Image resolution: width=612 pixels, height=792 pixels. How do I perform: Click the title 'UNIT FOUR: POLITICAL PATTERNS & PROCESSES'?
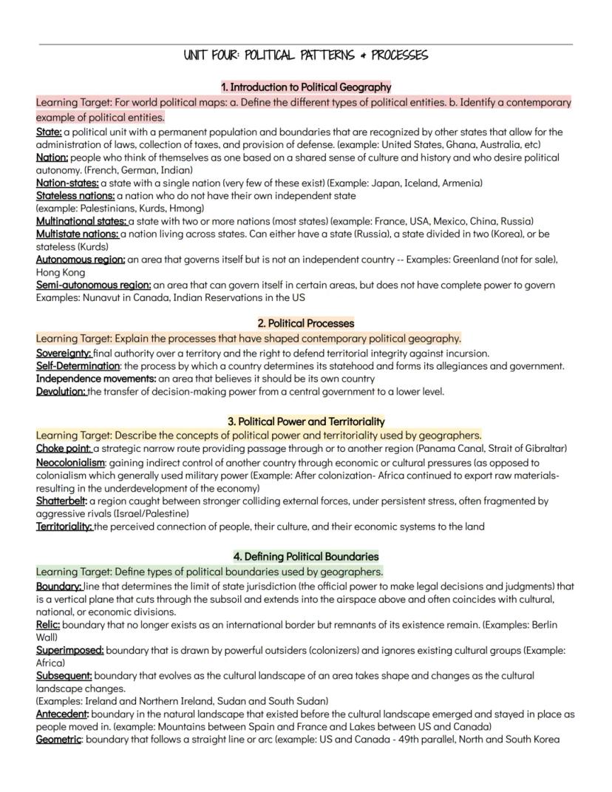[x=305, y=55]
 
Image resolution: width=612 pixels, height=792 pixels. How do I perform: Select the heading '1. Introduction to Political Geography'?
[x=306, y=87]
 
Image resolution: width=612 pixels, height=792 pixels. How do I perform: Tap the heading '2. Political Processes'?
[x=306, y=323]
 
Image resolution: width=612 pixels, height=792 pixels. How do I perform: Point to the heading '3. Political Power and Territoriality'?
[x=306, y=422]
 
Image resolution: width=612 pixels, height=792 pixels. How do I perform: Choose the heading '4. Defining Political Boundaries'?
[x=306, y=556]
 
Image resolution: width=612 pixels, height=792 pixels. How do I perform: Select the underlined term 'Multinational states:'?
[x=81, y=221]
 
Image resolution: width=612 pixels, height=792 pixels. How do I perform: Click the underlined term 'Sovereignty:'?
[x=64, y=353]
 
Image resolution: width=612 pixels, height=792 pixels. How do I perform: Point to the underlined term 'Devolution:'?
[x=61, y=391]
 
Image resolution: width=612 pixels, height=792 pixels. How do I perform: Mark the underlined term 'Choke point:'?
[x=64, y=448]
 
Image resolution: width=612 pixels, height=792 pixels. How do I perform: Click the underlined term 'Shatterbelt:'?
[x=61, y=501]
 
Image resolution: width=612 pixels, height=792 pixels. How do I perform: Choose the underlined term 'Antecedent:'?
[x=62, y=714]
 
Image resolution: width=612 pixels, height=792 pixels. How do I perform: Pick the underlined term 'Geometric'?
[x=58, y=739]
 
